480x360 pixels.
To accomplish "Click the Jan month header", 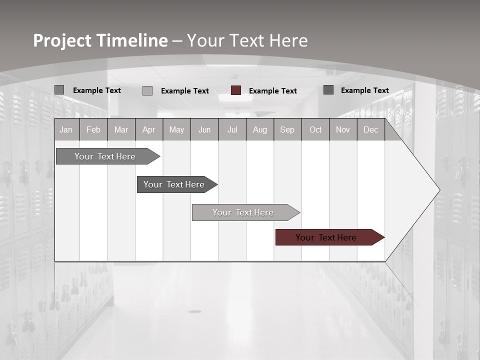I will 66,129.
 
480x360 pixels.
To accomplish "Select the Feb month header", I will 93,129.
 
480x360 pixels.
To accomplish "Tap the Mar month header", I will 121,129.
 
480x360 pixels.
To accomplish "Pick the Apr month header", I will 149,129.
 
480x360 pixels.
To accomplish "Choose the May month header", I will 176,129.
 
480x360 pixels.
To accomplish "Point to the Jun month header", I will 204,129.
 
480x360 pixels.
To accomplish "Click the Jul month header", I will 232,129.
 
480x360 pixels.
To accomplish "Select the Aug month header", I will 260,129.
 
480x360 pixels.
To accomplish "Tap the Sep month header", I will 287,129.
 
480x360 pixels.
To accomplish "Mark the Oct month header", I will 315,129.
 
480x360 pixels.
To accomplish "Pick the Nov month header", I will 343,129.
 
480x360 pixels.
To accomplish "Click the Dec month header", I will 371,129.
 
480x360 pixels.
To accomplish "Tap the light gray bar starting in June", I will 243,212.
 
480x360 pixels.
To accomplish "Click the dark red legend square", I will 236,90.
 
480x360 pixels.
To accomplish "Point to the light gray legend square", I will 147,90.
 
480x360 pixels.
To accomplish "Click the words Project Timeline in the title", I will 100,40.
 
